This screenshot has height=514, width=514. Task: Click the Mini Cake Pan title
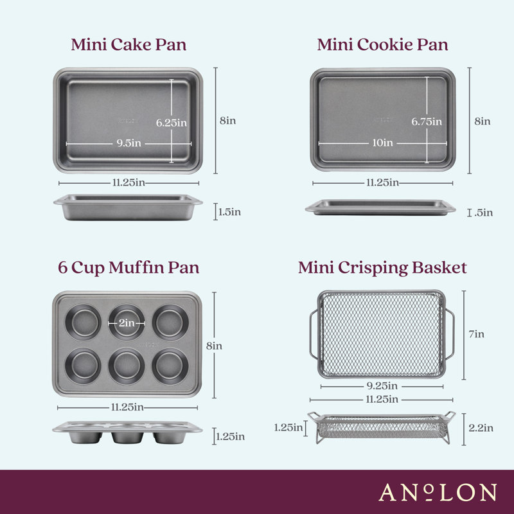128,45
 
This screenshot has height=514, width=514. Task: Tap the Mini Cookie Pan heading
382,45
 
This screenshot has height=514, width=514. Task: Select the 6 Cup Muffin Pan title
128,268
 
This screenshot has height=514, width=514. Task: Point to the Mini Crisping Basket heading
382,268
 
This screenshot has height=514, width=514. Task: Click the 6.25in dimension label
172,122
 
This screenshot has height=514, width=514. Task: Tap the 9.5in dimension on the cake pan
128,143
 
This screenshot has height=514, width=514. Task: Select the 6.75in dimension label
426,121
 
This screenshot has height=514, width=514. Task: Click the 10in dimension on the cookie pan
383,143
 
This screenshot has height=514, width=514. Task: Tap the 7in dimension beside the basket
476,333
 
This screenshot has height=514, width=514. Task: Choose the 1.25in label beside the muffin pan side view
229,437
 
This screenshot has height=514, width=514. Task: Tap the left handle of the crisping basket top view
313,334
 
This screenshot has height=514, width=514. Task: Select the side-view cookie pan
380,207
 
